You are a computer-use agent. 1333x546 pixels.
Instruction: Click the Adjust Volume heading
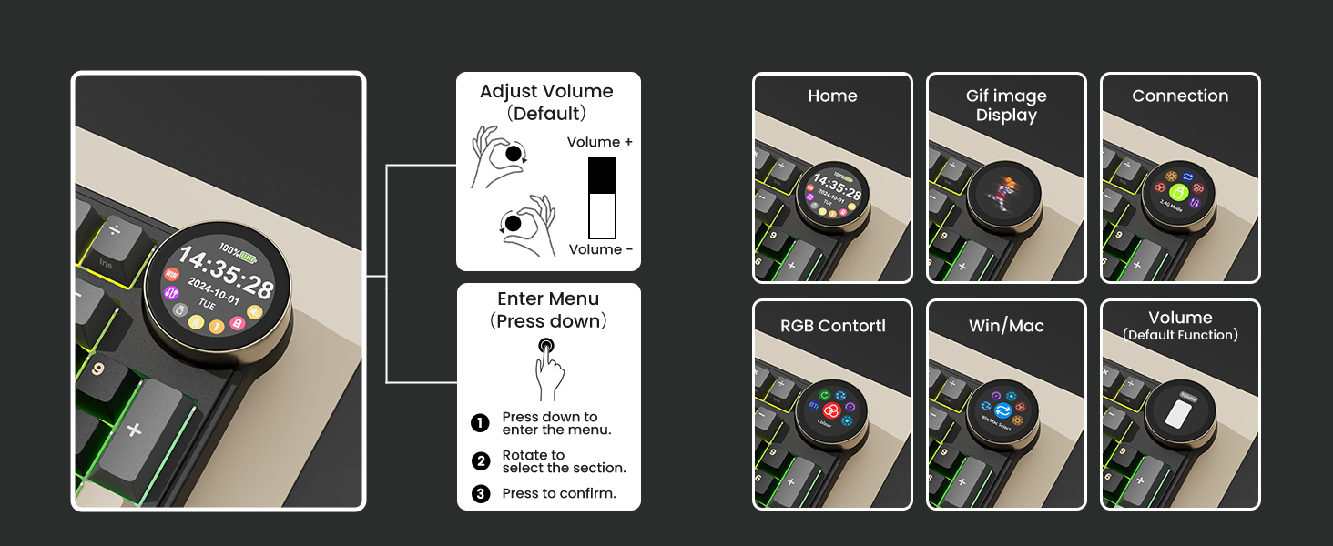pos(546,92)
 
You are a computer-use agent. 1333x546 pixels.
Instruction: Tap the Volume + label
pos(599,142)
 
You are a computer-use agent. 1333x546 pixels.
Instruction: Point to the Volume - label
pos(599,249)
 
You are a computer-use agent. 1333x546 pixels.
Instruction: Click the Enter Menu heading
pos(548,299)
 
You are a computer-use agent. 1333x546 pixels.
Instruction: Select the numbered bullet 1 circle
pos(480,423)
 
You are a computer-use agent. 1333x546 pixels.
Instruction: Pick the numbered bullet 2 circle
pos(480,461)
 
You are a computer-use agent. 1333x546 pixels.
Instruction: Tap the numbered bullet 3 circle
pos(480,494)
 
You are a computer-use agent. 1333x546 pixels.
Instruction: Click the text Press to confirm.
pos(559,494)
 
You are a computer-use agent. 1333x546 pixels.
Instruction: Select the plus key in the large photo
pos(134,429)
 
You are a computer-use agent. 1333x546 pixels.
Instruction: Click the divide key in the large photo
pos(115,229)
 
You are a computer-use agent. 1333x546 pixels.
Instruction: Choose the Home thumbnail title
pos(832,96)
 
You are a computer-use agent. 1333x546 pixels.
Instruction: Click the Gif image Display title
pos(1006,106)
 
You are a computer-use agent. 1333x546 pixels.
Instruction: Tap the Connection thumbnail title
pos(1180,96)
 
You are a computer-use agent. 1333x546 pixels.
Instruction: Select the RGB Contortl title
pos(832,326)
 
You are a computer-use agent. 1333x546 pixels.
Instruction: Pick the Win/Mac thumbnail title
pos(1006,326)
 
